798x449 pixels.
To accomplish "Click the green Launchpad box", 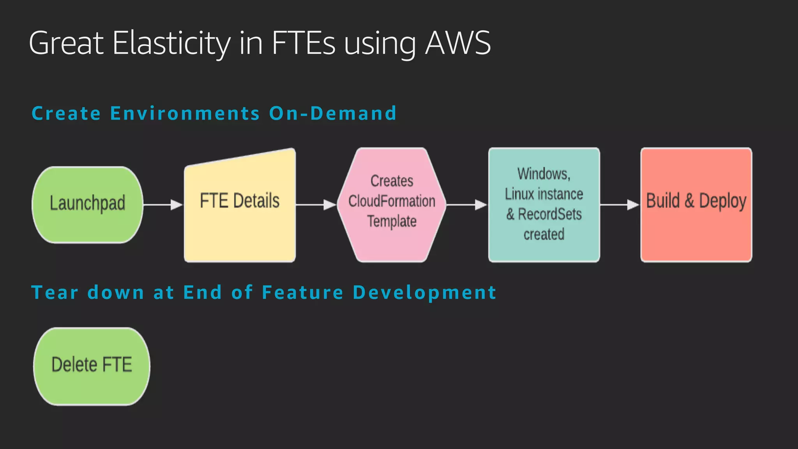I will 87,205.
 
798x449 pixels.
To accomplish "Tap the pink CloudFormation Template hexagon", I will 392,205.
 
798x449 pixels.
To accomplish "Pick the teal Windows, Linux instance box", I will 544,205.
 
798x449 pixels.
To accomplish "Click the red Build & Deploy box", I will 696,205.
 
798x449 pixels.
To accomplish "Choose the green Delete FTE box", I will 92,366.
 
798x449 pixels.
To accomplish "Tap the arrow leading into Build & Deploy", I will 620,205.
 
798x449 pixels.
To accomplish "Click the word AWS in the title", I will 457,43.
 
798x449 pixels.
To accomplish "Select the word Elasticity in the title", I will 171,43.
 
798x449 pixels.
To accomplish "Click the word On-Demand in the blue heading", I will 333,113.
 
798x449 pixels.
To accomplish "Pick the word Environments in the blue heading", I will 185,113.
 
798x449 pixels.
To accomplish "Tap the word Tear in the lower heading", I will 55,292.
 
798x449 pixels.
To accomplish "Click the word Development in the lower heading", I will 424,292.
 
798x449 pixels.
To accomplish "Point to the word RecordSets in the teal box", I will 550,214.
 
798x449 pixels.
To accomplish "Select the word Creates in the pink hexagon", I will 392,181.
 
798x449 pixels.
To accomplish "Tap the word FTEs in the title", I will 304,43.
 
